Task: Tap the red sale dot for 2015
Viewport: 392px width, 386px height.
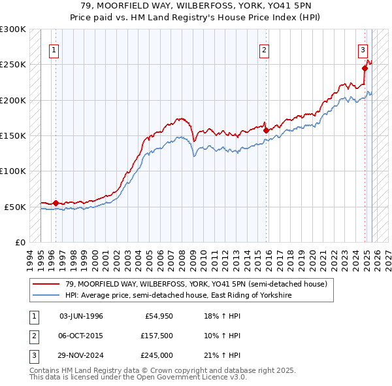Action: [x=267, y=130]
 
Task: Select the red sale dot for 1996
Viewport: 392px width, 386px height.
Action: [x=56, y=203]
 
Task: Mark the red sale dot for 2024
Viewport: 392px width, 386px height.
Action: [x=365, y=68]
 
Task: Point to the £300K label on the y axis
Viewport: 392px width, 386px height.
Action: [x=13, y=29]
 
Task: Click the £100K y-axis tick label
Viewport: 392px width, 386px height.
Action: [x=13, y=171]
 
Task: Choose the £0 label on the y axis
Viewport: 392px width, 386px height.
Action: [x=19, y=242]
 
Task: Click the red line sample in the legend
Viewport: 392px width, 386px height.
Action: [x=46, y=284]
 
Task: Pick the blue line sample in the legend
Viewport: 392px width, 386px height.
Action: [x=46, y=296]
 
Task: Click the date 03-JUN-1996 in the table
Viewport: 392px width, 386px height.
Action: [x=81, y=316]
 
